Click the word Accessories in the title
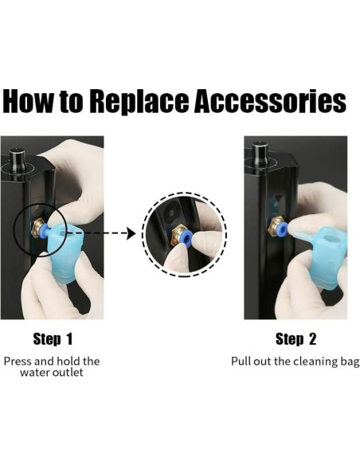pos(270,101)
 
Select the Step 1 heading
pos(53,339)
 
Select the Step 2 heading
pos(295,339)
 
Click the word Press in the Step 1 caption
pos(18,361)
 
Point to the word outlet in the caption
pos(68,372)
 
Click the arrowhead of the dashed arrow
pos(131,233)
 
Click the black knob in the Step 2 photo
pos(260,154)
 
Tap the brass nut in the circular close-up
pos(178,234)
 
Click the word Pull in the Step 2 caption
pos(240,361)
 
